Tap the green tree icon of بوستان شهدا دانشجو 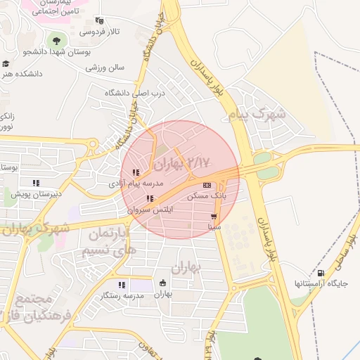pos(56,39)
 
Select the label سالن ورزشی pos(105,67)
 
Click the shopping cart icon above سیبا pos(214,217)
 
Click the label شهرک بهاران pos(35,229)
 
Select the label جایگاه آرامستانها pos(318,283)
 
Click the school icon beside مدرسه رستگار pos(122,285)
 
